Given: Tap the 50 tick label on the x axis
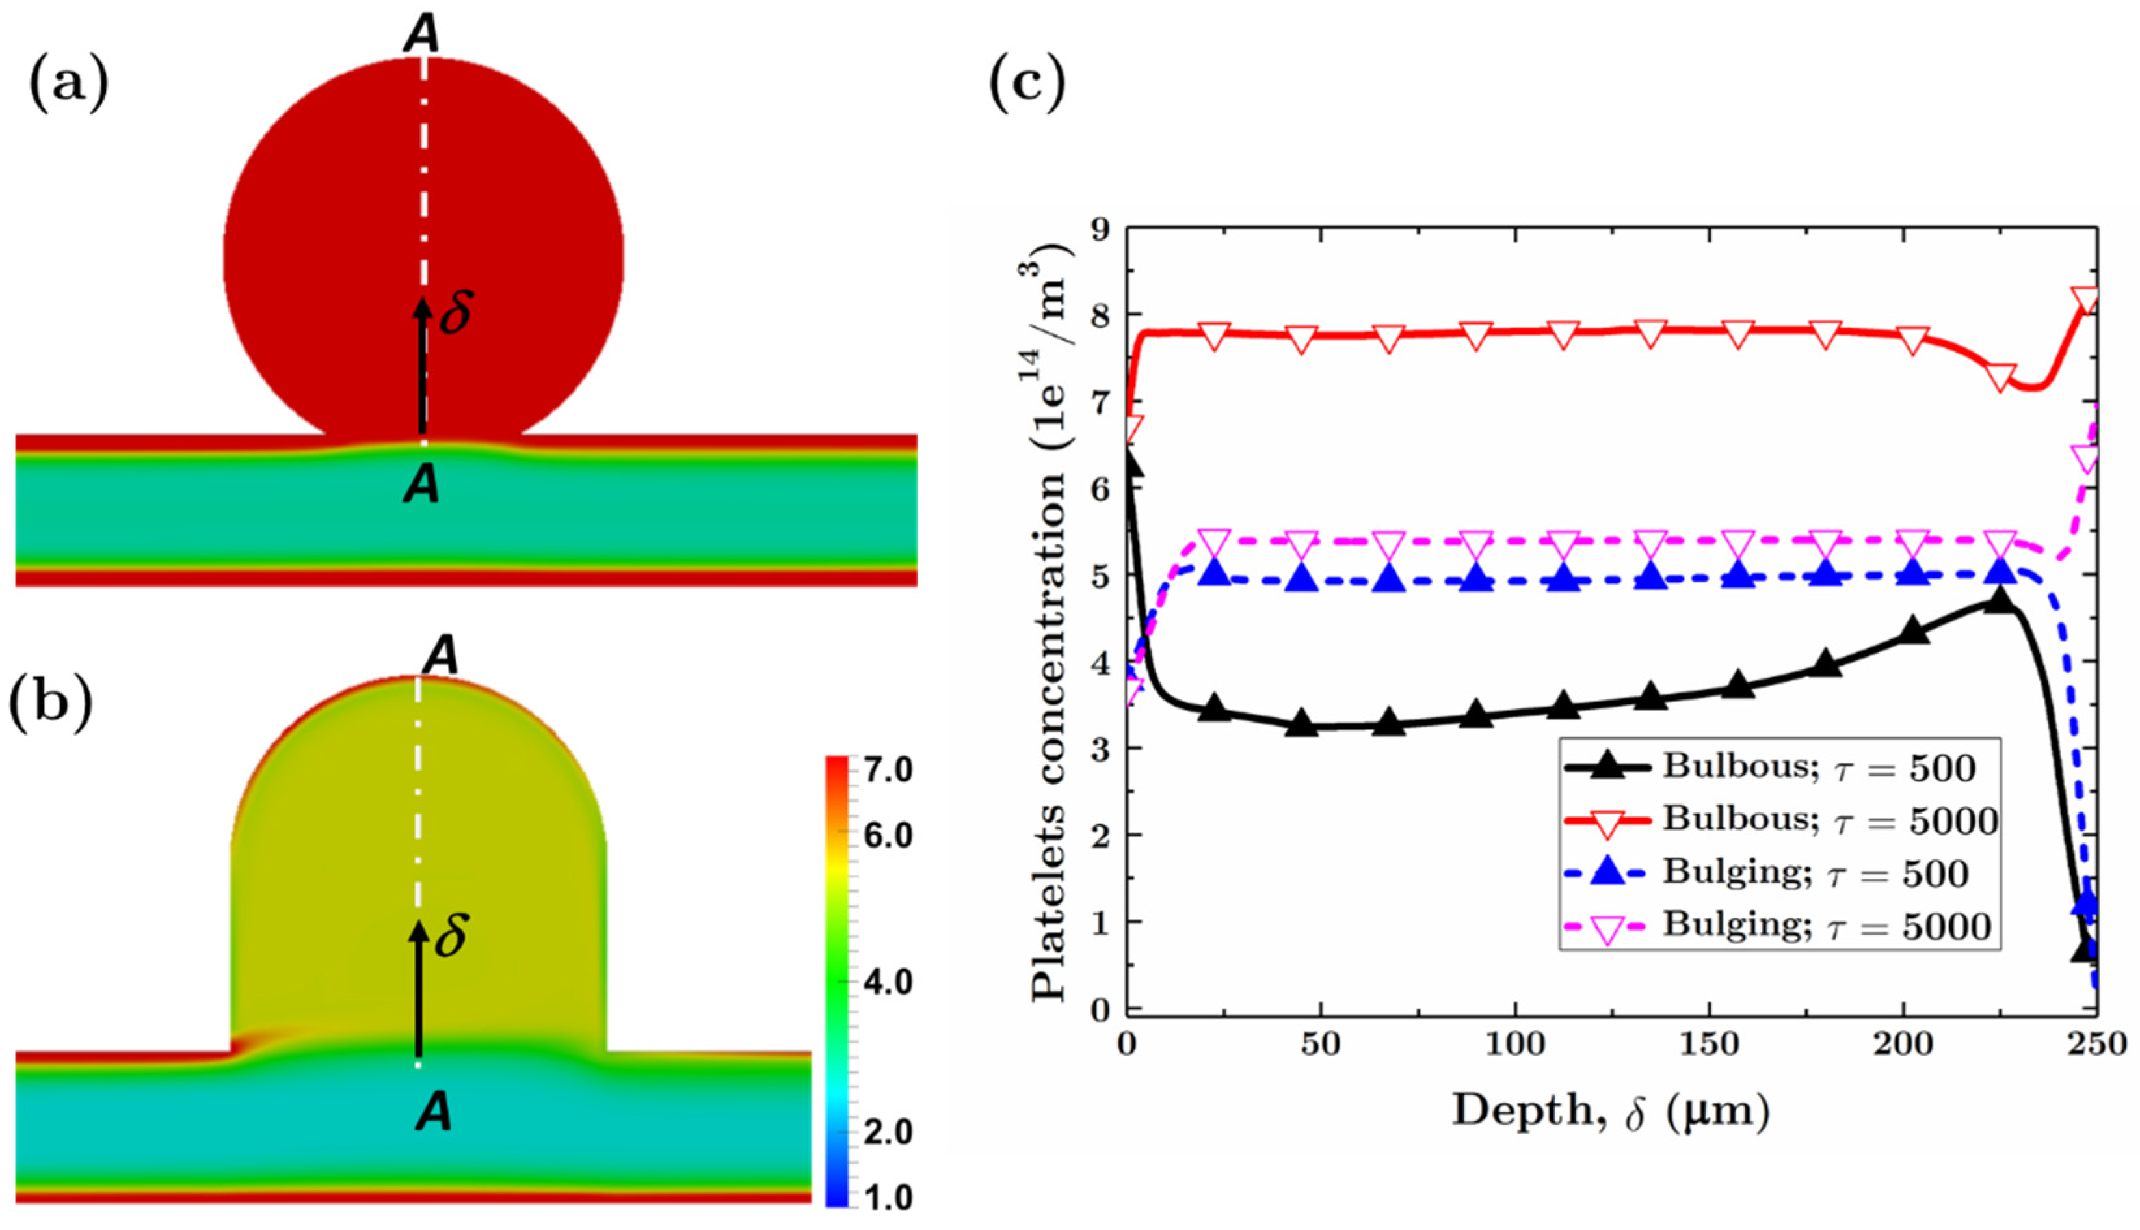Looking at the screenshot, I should [1320, 1046].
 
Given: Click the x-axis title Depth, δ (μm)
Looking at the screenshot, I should [1609, 1112].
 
